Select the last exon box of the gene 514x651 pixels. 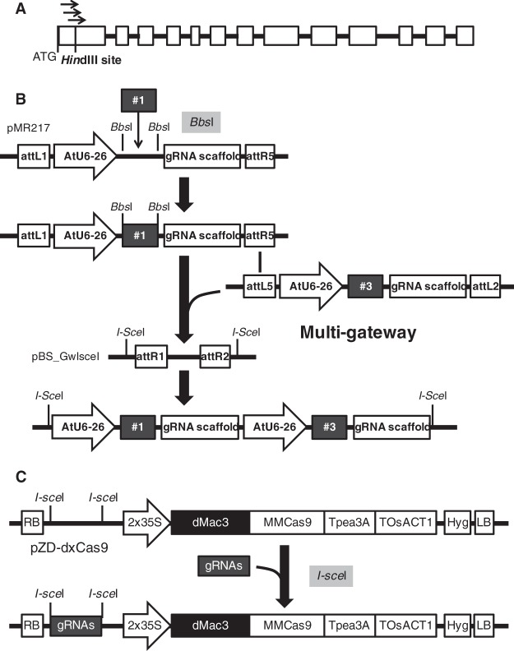pyautogui.click(x=465, y=35)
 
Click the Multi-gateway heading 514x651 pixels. pyautogui.click(x=359, y=335)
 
